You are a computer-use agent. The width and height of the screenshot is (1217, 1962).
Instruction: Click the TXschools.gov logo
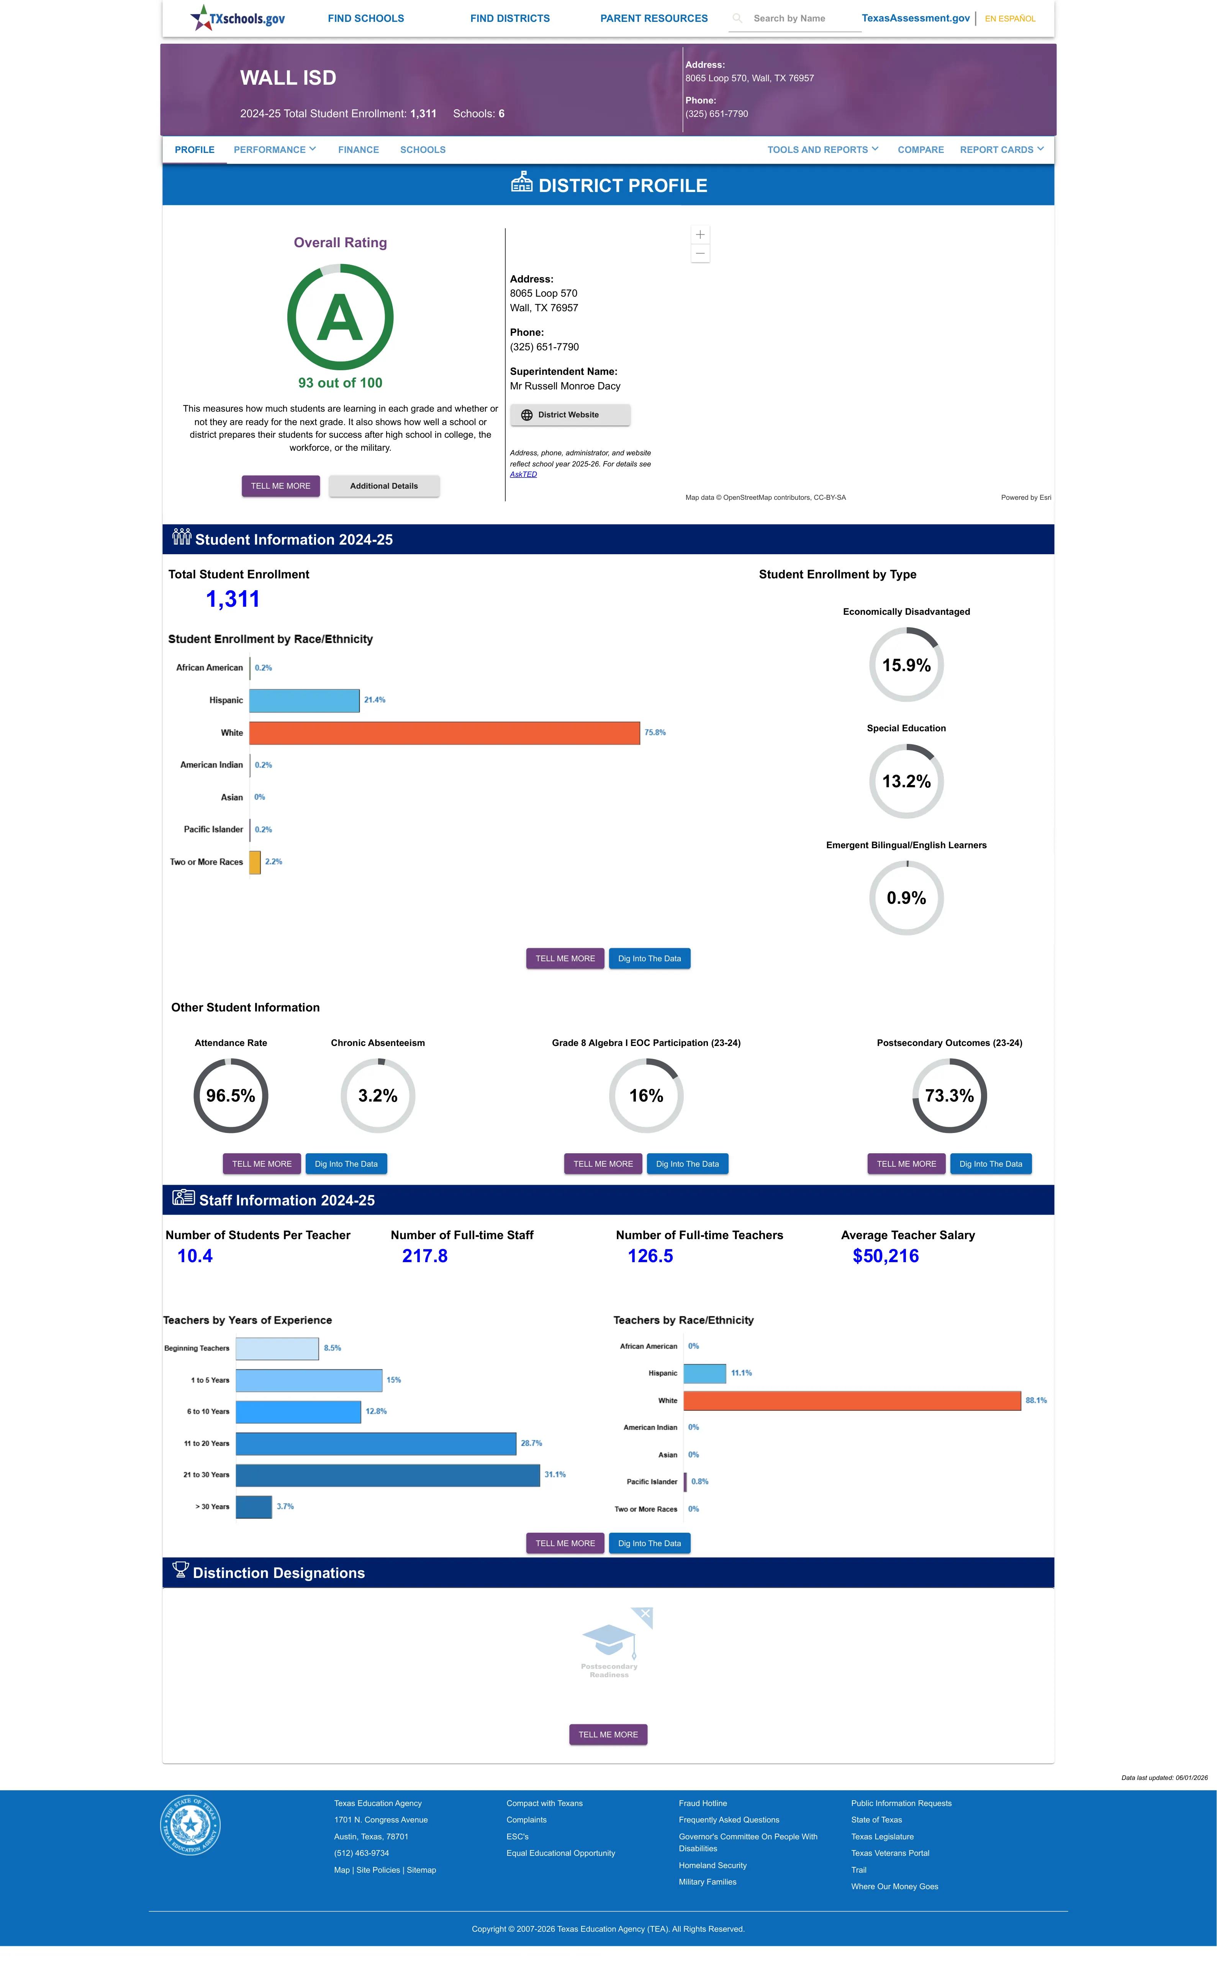[238, 18]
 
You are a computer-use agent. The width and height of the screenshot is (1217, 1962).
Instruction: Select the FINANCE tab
[358, 150]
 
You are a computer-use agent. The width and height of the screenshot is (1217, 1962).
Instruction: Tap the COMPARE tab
[920, 150]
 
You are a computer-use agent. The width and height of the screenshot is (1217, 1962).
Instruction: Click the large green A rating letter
[340, 318]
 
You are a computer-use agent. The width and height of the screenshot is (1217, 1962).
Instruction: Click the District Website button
[570, 415]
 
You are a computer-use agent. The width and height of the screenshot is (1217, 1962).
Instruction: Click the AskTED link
[523, 474]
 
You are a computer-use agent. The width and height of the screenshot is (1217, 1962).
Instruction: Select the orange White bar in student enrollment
[444, 732]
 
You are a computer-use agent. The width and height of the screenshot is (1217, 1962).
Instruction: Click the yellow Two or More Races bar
[254, 862]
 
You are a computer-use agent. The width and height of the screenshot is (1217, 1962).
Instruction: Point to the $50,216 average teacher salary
[885, 1256]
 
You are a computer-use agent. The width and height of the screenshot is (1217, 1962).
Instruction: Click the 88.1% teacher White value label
[1036, 1401]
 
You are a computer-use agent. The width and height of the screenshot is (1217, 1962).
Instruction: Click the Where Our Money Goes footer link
[894, 1886]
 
